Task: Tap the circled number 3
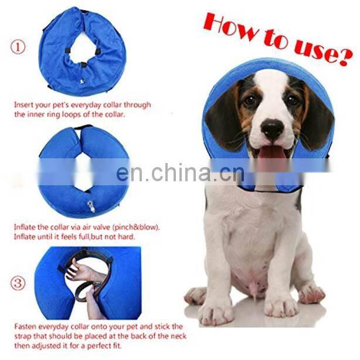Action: point(19,283)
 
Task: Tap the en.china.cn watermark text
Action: point(179,173)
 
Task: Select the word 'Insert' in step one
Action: point(25,106)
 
